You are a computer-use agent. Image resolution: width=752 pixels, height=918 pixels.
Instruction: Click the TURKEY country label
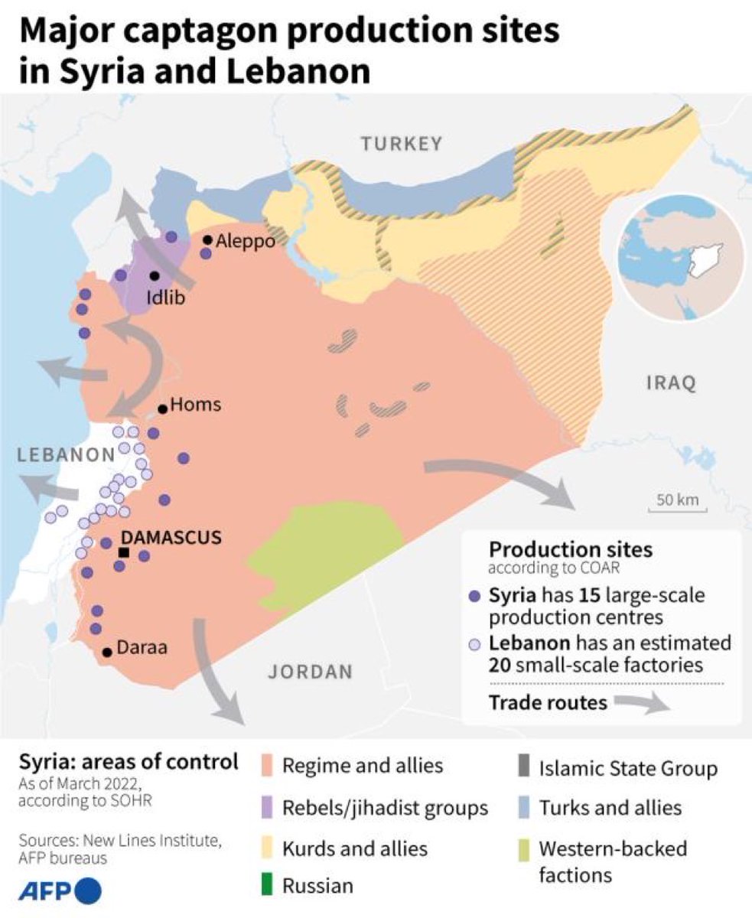click(402, 144)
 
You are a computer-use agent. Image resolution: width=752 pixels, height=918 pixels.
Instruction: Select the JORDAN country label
click(311, 672)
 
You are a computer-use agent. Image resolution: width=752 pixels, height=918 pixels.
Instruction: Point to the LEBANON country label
click(66, 455)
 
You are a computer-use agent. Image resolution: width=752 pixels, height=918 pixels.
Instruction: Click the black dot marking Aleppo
click(207, 240)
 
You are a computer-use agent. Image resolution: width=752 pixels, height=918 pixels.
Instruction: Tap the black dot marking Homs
click(163, 409)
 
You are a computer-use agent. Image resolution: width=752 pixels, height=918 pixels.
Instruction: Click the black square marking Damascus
click(124, 552)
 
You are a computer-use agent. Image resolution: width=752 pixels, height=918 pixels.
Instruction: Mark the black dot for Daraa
click(108, 652)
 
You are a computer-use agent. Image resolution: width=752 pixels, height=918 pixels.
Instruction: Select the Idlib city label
click(166, 298)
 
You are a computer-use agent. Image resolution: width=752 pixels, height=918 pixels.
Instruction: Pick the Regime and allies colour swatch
click(267, 766)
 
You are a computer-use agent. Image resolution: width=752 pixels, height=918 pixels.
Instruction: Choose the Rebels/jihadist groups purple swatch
click(267, 807)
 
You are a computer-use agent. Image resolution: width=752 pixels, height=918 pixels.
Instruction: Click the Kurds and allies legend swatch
click(267, 848)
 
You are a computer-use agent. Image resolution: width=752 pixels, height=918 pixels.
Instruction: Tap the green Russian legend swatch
click(267, 887)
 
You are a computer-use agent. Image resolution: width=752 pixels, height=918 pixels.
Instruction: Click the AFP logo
click(60, 891)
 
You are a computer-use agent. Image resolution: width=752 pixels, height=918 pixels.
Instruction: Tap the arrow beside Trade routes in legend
click(642, 704)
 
